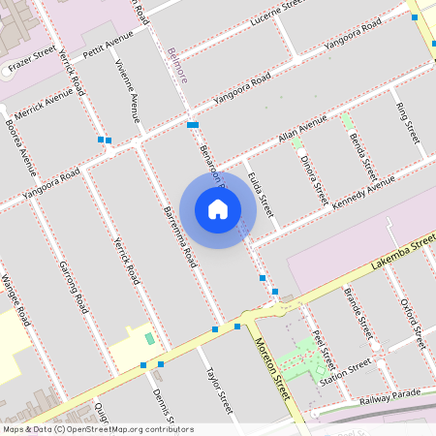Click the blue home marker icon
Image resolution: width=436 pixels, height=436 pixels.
[x=218, y=209]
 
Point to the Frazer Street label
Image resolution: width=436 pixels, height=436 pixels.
[x=31, y=62]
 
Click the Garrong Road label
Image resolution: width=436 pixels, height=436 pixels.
[x=74, y=286]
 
